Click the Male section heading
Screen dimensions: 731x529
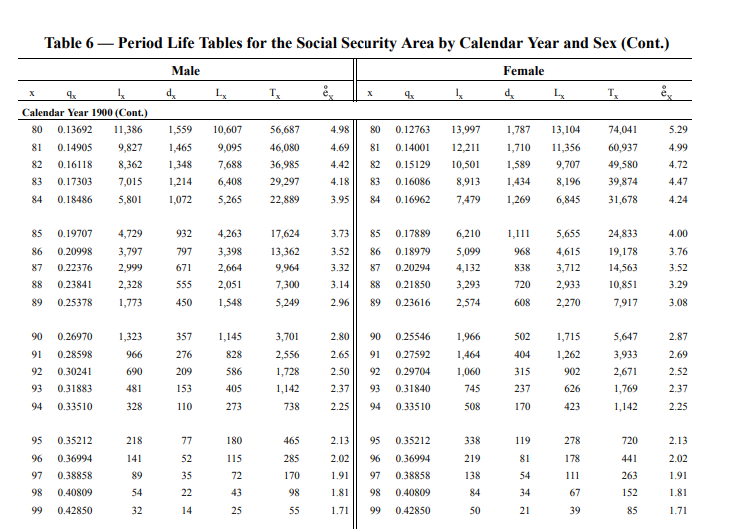(x=185, y=71)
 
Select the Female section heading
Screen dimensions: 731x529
(x=523, y=71)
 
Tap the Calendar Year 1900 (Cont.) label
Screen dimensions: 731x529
(x=84, y=113)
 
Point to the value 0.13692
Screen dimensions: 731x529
(x=75, y=129)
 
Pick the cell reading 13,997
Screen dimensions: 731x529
(x=465, y=129)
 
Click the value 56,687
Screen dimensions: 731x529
(x=284, y=129)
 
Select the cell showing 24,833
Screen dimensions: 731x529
(x=623, y=233)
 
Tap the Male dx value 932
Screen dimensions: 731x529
(x=183, y=233)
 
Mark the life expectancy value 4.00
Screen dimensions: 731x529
(x=678, y=233)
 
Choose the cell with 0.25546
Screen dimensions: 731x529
(x=413, y=337)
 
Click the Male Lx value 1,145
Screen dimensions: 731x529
(x=230, y=337)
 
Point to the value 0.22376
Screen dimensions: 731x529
(x=75, y=268)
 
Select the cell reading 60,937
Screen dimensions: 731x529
(x=623, y=148)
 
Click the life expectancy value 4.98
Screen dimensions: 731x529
(x=339, y=129)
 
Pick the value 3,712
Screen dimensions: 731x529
(x=568, y=268)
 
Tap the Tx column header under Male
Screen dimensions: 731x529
(x=274, y=93)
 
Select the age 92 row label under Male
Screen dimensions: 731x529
(x=36, y=372)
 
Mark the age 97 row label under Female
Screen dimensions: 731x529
(x=375, y=476)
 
